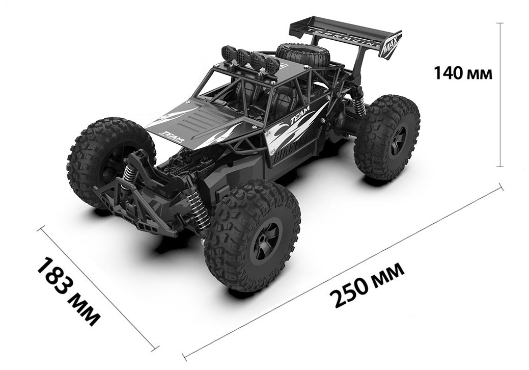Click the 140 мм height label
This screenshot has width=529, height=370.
coord(462,73)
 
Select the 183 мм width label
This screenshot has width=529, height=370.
coord(68,292)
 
